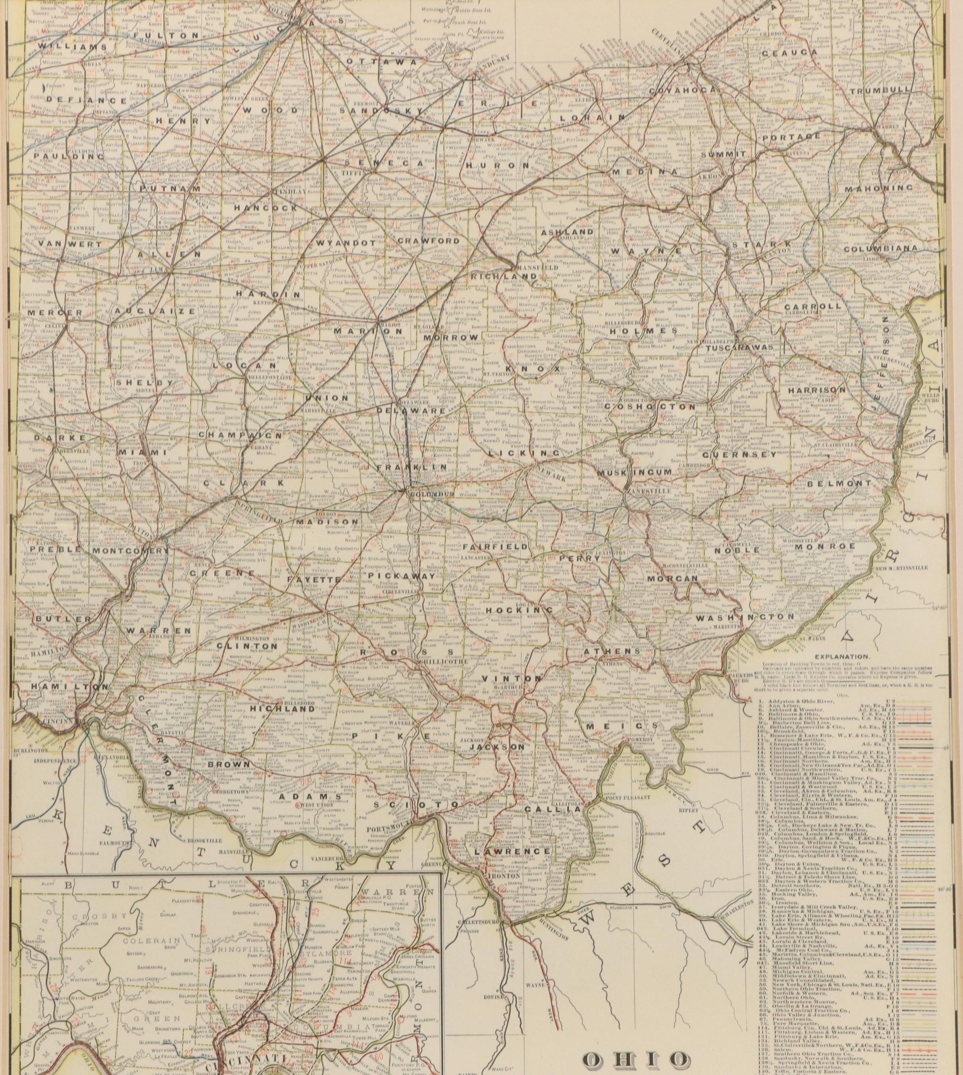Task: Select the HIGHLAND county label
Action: (275, 708)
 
